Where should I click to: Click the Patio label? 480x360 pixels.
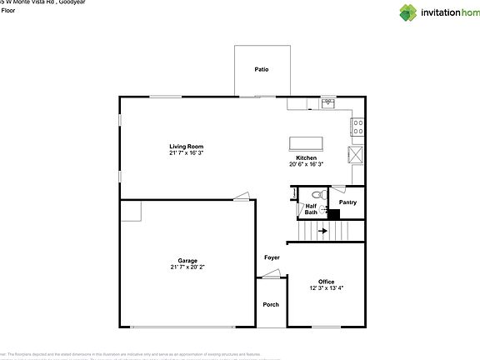[262, 69]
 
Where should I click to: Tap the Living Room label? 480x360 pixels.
[186, 146]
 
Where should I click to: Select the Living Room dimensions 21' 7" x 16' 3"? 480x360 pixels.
[186, 153]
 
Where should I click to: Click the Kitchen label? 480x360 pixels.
[306, 157]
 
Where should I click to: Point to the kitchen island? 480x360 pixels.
[307, 142]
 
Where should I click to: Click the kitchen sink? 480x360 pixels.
[328, 104]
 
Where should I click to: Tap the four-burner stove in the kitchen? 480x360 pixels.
[357, 127]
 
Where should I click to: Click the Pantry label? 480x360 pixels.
[347, 202]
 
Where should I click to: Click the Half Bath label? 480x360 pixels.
[311, 209]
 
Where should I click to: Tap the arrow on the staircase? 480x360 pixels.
[322, 231]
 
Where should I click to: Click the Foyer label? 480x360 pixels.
[272, 257]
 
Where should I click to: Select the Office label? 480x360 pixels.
[326, 281]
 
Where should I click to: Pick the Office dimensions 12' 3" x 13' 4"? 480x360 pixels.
[326, 288]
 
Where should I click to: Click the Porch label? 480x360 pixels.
[271, 304]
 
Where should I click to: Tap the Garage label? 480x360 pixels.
[187, 260]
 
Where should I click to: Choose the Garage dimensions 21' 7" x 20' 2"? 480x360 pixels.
[187, 267]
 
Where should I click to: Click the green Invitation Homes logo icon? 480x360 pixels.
[408, 12]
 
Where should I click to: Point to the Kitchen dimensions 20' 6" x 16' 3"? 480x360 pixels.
[306, 165]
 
